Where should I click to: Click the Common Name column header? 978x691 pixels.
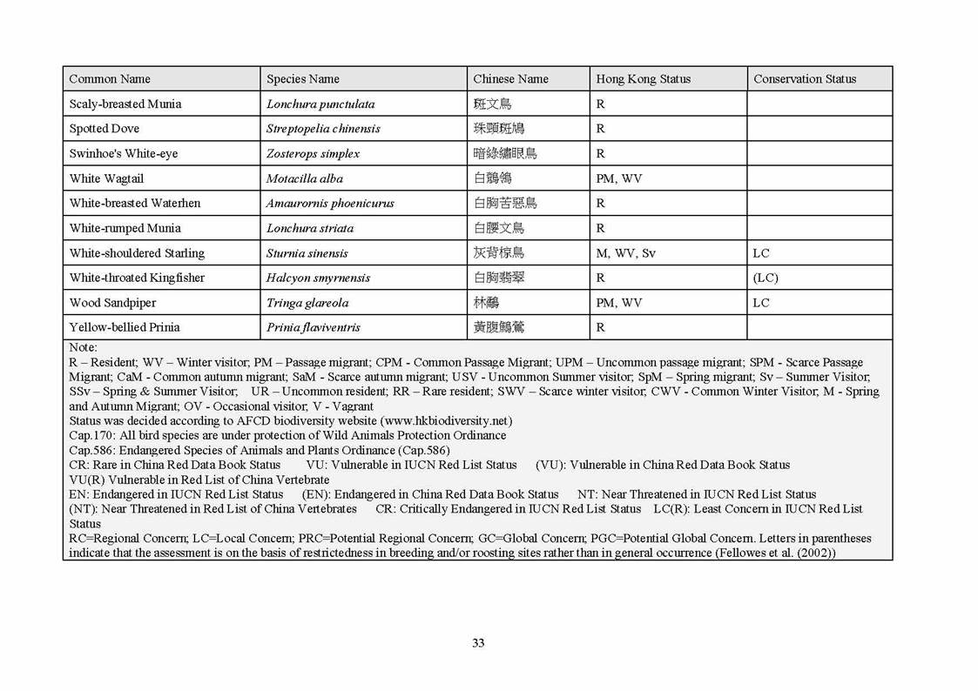[110, 79]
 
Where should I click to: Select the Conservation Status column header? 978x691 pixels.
[804, 79]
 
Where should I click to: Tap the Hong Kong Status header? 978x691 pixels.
[643, 79]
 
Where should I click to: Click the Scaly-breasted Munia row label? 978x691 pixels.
[125, 104]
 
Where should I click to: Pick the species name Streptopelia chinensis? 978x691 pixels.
[323, 129]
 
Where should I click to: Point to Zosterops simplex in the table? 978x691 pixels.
[313, 154]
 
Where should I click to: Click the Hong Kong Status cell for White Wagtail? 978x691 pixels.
[618, 178]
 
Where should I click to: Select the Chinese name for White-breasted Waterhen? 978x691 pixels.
[505, 204]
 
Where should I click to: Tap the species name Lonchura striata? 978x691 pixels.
[310, 228]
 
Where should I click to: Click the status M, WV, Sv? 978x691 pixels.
[625, 253]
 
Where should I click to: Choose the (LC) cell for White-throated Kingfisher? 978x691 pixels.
[766, 278]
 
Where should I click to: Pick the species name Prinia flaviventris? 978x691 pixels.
[314, 328]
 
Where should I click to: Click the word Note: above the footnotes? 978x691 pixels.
[84, 347]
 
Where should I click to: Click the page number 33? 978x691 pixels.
[478, 643]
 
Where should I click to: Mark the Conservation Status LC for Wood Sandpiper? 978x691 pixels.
[761, 303]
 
